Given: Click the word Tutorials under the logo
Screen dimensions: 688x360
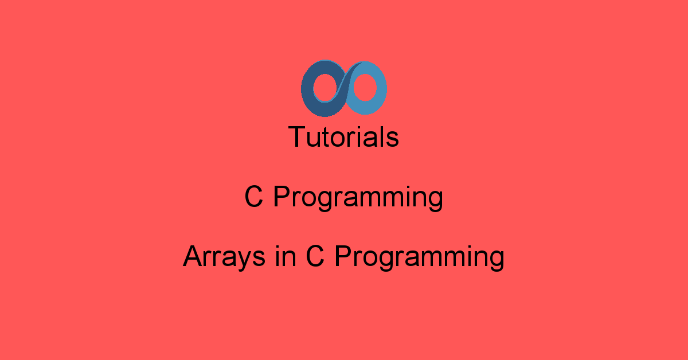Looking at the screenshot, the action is coord(343,136).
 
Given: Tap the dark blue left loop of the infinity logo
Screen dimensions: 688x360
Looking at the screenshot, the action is coord(307,89).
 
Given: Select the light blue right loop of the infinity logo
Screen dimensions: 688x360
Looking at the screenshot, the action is coord(381,88).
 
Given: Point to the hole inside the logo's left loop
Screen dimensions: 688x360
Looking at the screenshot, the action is coord(325,88).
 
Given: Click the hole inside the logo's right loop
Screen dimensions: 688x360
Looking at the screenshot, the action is coord(365,87).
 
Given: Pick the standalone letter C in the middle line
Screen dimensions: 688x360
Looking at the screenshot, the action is coord(253,197).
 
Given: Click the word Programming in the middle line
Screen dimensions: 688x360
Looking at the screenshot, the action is coord(358,198).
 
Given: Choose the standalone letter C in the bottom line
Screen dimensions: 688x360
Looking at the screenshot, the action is coord(315,256).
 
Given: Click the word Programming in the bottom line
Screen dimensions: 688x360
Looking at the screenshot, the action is coord(420,258).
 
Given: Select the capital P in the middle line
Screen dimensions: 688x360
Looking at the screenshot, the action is coord(282,196).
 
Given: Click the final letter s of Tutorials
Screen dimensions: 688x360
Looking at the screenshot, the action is coord(392,139).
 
